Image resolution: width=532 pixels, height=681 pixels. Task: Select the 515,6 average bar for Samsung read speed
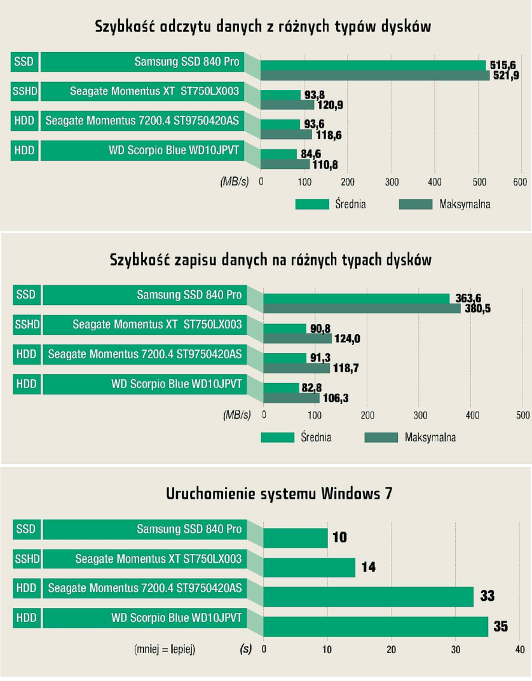[372, 65]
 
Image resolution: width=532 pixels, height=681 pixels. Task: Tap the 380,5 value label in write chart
[474, 309]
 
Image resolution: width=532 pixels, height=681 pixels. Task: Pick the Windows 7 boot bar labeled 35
[375, 626]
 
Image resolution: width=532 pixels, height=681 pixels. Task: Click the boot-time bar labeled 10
[295, 538]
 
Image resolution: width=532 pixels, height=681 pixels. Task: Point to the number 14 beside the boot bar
[369, 567]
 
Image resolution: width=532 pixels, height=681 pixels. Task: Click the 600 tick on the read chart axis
[521, 182]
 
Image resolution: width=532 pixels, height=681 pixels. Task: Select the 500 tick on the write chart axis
[521, 415]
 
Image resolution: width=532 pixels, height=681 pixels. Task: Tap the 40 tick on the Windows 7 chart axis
[519, 649]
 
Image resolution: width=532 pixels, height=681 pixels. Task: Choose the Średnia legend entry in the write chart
[316, 438]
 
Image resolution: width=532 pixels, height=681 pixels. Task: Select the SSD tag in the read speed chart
[25, 62]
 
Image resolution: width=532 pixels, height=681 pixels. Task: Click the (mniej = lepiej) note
[165, 649]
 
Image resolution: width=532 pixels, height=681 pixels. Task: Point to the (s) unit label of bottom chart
[245, 649]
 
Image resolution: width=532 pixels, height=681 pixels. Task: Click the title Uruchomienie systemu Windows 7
[279, 494]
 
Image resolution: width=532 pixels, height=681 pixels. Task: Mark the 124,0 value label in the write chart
[347, 339]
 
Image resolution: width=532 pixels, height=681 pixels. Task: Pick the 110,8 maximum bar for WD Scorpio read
[285, 164]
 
